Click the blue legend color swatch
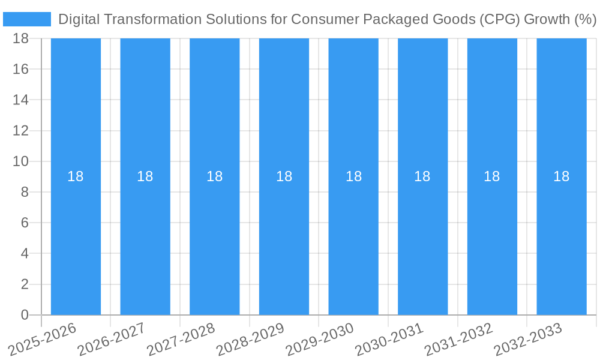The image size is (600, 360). click(27, 19)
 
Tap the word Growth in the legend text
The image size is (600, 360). click(547, 19)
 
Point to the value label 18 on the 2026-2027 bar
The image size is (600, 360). click(145, 176)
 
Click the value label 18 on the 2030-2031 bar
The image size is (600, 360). click(422, 176)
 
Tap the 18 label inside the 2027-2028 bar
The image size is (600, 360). click(215, 176)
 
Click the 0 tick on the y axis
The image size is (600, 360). click(25, 315)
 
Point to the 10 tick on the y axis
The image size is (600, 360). click(20, 161)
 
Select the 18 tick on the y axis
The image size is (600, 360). click(20, 38)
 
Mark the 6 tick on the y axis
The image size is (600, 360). click(25, 223)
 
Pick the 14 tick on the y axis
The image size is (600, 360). click(20, 100)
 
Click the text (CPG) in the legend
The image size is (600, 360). click(499, 19)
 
